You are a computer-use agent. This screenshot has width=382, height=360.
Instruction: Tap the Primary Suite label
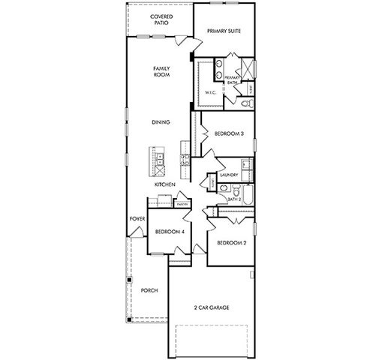click(x=224, y=31)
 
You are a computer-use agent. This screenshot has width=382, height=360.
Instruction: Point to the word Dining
click(x=160, y=122)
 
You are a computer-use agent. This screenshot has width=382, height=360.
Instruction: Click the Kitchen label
click(x=164, y=184)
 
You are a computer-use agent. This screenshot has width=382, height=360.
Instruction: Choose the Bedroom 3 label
click(x=228, y=133)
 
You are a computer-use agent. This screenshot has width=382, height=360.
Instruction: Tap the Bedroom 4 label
click(x=169, y=232)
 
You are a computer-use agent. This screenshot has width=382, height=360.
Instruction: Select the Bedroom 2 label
click(x=230, y=243)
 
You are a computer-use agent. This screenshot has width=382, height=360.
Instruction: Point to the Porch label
click(x=149, y=290)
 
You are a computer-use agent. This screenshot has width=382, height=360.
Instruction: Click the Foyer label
click(x=136, y=219)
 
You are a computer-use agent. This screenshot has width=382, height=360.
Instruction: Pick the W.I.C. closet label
click(x=210, y=91)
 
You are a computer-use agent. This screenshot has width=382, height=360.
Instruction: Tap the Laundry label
click(x=229, y=175)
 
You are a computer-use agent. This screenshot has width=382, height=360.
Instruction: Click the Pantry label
click(x=181, y=202)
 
